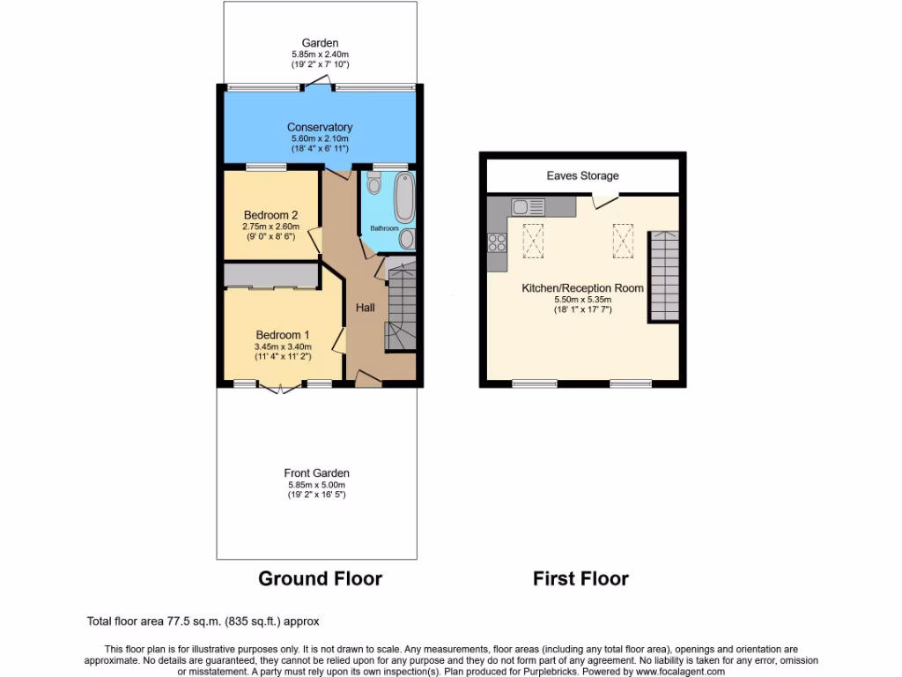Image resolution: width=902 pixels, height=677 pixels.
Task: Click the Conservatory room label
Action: tap(321, 127)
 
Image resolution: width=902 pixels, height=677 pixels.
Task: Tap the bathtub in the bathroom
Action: tap(404, 198)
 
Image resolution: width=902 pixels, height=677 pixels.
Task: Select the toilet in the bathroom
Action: tap(373, 183)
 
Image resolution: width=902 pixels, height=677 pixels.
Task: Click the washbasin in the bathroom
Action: tap(407, 239)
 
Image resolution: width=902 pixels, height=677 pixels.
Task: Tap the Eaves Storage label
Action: tap(582, 175)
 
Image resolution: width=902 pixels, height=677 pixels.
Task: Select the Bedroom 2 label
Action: tap(270, 215)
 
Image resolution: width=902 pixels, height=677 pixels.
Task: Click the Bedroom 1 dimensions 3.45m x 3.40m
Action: tap(283, 346)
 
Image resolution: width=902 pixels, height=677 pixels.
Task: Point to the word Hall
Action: tap(366, 308)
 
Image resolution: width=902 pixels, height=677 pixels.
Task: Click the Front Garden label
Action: tap(317, 473)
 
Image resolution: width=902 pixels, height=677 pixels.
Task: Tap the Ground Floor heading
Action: tap(320, 578)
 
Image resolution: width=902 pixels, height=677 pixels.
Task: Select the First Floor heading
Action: tap(580, 578)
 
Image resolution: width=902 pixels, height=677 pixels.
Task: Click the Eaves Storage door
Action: tap(604, 202)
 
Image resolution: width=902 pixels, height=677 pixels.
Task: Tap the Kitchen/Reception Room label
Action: tap(582, 288)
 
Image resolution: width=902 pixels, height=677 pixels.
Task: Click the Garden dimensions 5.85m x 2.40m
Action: tap(320, 54)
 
